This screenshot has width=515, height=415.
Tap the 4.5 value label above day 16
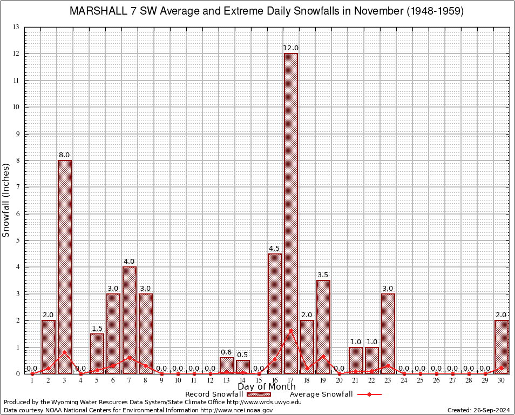coord(275,249)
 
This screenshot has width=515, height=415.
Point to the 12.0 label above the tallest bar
coord(291,48)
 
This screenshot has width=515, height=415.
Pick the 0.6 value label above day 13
coord(226,352)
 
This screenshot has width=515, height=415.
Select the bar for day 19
coord(323,327)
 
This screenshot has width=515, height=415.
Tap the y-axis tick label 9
coord(17,133)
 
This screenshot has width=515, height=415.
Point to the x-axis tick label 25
coord(421,380)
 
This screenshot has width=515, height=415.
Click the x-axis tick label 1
coord(32,380)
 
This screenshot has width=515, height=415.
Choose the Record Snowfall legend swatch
coord(259,394)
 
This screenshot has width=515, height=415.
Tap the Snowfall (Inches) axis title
coord(6,200)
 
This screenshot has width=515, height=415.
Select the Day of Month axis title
coord(267,387)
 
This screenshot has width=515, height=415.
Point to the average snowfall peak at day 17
coord(291,330)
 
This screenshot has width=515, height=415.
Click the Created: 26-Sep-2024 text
coord(479,410)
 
